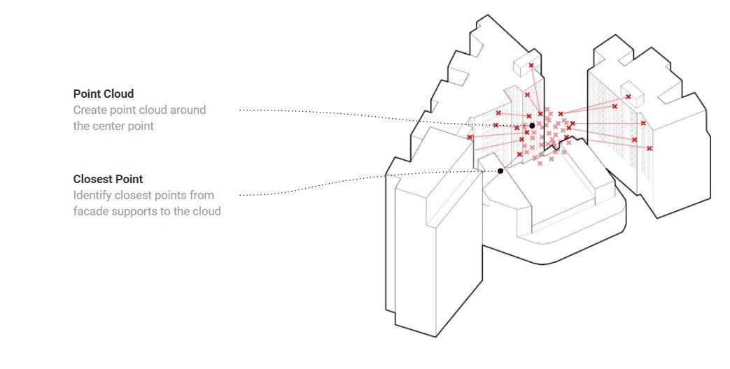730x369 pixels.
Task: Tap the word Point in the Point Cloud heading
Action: pos(87,94)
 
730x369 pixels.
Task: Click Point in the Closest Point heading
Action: pos(129,179)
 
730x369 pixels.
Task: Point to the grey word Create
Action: pos(89,110)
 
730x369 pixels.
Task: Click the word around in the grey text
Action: pos(188,110)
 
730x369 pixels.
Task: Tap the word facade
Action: pos(90,211)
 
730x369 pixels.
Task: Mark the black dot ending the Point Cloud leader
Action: pos(532,126)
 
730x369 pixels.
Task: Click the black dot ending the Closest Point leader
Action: pos(500,171)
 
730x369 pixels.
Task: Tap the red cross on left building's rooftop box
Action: pos(531,66)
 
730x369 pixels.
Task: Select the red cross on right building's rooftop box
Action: pos(628,96)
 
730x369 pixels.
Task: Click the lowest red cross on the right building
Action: pos(650,148)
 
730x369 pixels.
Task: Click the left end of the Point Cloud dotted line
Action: pos(240,110)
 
